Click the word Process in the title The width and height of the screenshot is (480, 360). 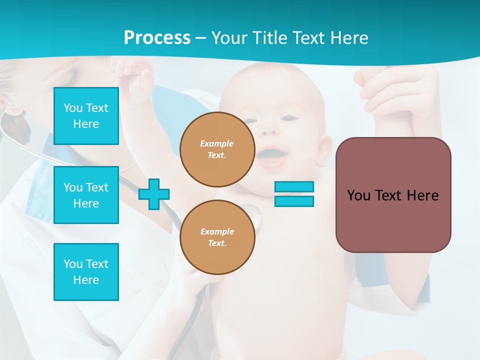157,37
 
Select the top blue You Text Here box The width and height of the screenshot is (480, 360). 86,116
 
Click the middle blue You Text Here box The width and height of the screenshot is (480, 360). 86,195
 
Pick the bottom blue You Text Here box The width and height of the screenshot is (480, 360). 86,271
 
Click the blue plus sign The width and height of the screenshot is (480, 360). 154,194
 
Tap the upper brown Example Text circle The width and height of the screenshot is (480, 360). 217,149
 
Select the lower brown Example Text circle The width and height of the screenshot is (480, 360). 217,237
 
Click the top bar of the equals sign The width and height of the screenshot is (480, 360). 294,186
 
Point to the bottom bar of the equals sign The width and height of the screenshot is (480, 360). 294,201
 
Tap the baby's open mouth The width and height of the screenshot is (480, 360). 272,154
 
